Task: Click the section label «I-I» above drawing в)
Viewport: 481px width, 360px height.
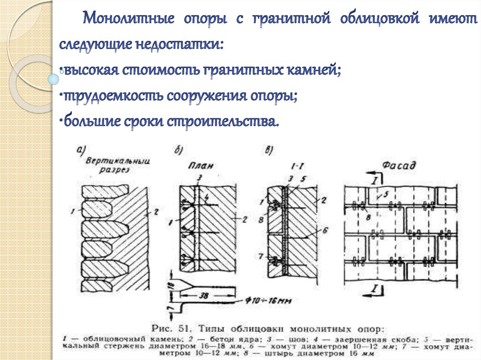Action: [297, 166]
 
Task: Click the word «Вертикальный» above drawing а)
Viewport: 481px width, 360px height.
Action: [117, 161]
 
